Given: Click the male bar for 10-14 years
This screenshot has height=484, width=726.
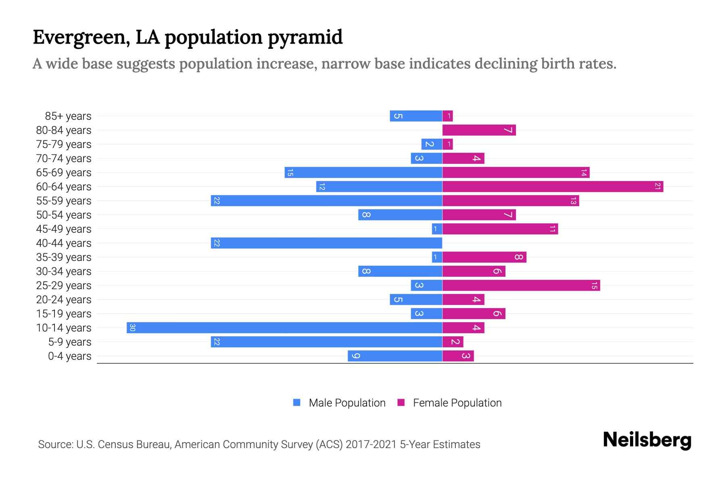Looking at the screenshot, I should [x=284, y=328].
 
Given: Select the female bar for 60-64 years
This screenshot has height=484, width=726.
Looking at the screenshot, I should [x=553, y=186].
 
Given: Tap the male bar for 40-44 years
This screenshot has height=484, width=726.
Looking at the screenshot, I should [x=326, y=243].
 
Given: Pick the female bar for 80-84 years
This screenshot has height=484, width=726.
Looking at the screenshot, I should [x=479, y=130].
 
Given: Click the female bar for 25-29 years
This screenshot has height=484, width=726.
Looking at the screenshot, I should [x=521, y=285].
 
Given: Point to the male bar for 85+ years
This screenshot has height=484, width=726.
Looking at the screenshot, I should [x=416, y=116].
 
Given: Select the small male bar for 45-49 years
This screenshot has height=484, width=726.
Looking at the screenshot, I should [x=437, y=229].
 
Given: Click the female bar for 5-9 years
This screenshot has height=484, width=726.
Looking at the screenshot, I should [x=453, y=342].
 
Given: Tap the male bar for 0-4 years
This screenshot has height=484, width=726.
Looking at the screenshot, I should [x=395, y=356].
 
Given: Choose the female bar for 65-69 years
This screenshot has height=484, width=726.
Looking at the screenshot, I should [x=516, y=172].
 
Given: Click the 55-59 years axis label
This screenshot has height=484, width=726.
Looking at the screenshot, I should [x=64, y=201].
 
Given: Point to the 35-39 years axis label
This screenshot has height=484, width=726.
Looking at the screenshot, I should [x=64, y=257].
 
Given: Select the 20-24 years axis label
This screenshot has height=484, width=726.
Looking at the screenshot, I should [x=64, y=300].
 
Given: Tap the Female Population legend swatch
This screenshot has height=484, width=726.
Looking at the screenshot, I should [x=401, y=403].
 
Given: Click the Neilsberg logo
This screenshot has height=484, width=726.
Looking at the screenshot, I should [x=647, y=440].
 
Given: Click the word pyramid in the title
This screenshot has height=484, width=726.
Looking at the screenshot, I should [x=305, y=38].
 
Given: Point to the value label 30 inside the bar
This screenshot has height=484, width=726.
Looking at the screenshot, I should [x=132, y=328].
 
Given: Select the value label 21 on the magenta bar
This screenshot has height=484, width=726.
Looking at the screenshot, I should [x=657, y=186].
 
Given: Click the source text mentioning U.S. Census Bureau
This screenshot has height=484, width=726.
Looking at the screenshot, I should [x=259, y=444].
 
